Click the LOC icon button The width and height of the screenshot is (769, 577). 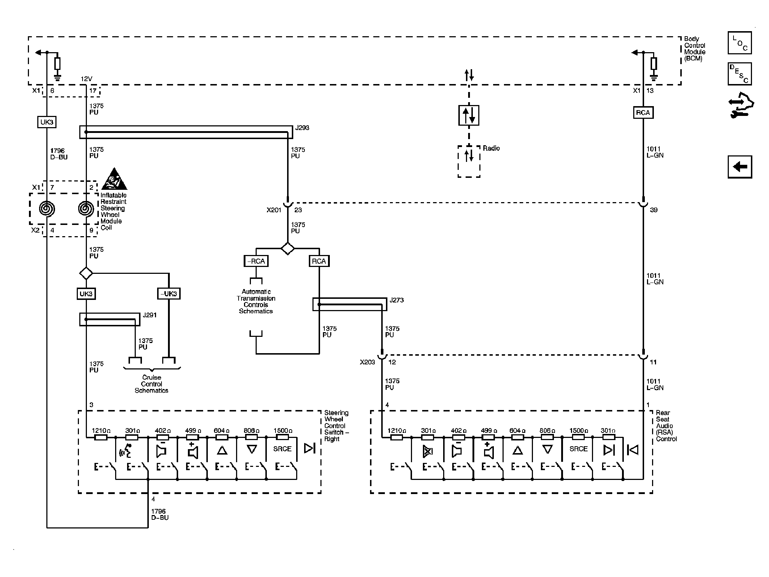[x=739, y=43]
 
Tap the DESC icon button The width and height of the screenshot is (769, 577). [x=739, y=74]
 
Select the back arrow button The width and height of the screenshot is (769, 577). [x=740, y=167]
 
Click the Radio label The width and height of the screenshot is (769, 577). [x=491, y=148]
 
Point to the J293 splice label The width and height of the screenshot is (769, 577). [x=302, y=128]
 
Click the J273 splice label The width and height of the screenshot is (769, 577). [x=396, y=300]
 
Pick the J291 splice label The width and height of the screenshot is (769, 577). [x=150, y=315]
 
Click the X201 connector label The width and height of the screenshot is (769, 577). [x=274, y=210]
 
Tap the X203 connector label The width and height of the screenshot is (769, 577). [x=367, y=362]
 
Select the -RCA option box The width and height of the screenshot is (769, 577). [x=256, y=261]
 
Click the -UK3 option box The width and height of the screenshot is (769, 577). [x=169, y=294]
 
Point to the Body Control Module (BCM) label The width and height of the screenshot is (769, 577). [x=694, y=49]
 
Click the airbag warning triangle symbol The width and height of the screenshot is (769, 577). [x=114, y=179]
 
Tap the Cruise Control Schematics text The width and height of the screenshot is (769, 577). [x=151, y=384]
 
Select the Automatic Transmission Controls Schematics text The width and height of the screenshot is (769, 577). [x=256, y=301]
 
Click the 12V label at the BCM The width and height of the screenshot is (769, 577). [x=86, y=79]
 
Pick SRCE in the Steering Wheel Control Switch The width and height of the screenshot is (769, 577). [x=282, y=449]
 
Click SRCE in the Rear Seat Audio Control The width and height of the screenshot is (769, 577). [x=578, y=449]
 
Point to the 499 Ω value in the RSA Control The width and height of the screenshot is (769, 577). [x=488, y=431]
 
